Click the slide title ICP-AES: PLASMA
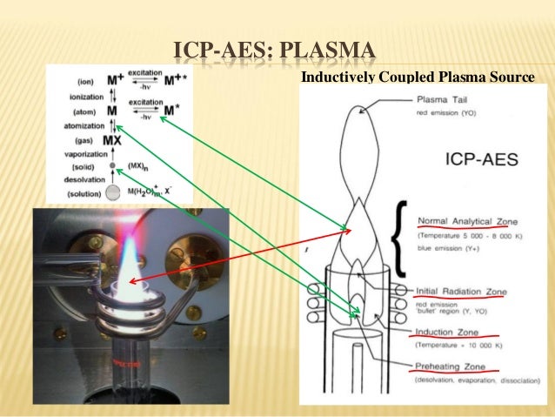click(x=277, y=48)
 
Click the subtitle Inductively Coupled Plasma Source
click(x=417, y=78)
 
